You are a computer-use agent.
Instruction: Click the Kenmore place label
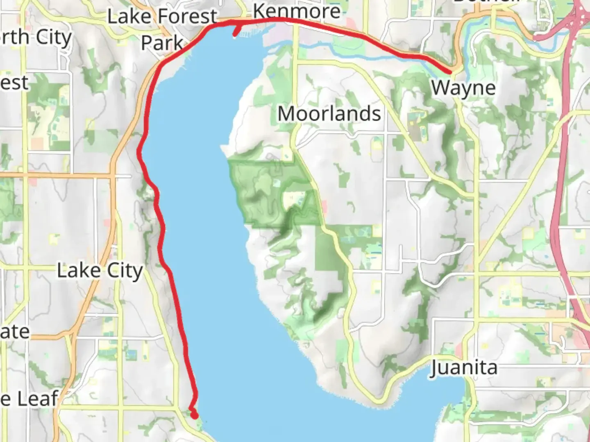tap(297, 11)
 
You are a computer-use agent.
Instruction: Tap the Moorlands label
tap(329, 114)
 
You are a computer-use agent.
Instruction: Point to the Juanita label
tap(464, 368)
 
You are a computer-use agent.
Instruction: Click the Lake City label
tap(100, 271)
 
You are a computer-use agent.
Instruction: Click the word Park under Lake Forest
tap(162, 43)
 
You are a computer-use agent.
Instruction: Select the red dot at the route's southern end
tap(195, 415)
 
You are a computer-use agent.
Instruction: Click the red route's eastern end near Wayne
tap(450, 72)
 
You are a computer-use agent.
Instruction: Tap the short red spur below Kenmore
tap(236, 32)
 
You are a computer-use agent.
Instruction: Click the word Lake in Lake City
tap(79, 271)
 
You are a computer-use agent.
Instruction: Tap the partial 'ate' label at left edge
tap(15, 332)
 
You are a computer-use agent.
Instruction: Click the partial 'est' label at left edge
tap(14, 83)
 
